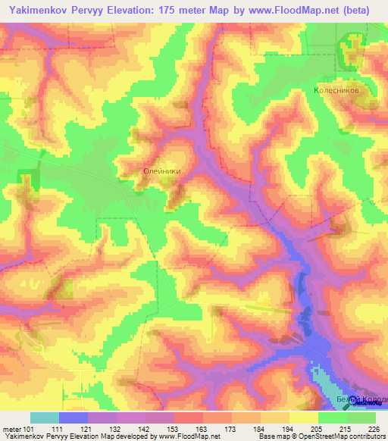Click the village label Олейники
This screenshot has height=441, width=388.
point(161,172)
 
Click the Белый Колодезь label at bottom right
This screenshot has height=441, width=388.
point(361,399)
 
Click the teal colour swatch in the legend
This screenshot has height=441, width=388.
point(44,418)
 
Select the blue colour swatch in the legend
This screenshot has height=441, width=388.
point(73,418)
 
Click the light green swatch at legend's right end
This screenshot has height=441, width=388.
point(361,418)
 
